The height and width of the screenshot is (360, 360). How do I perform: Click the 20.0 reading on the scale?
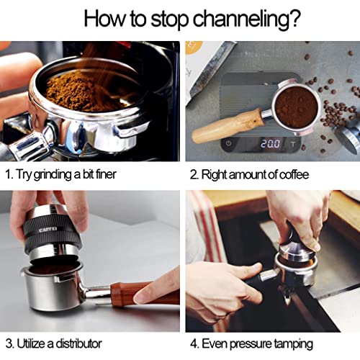pos(271,144)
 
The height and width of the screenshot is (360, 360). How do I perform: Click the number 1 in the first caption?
pos(8,175)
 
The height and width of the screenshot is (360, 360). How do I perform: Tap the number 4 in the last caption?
pos(194,343)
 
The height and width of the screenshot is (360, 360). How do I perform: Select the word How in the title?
pos(106,17)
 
